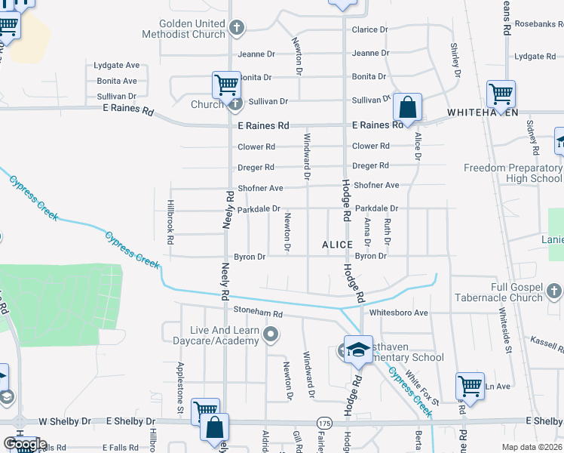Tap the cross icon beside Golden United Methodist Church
pyautogui.click(x=237, y=29)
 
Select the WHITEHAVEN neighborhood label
pyautogui.click(x=483, y=112)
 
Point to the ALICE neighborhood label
pyautogui.click(x=337, y=245)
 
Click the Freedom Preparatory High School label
pyautogui.click(x=513, y=173)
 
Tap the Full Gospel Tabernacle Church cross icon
pyautogui.click(x=554, y=291)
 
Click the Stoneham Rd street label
pyautogui.click(x=257, y=313)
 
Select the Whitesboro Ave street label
pyautogui.click(x=399, y=313)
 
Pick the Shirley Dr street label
pyautogui.click(x=455, y=60)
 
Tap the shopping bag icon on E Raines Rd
pyautogui.click(x=407, y=107)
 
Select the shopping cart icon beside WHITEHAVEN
pyautogui.click(x=501, y=94)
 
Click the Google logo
pyautogui.click(x=25, y=445)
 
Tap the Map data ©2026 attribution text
pyautogui.click(x=532, y=447)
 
